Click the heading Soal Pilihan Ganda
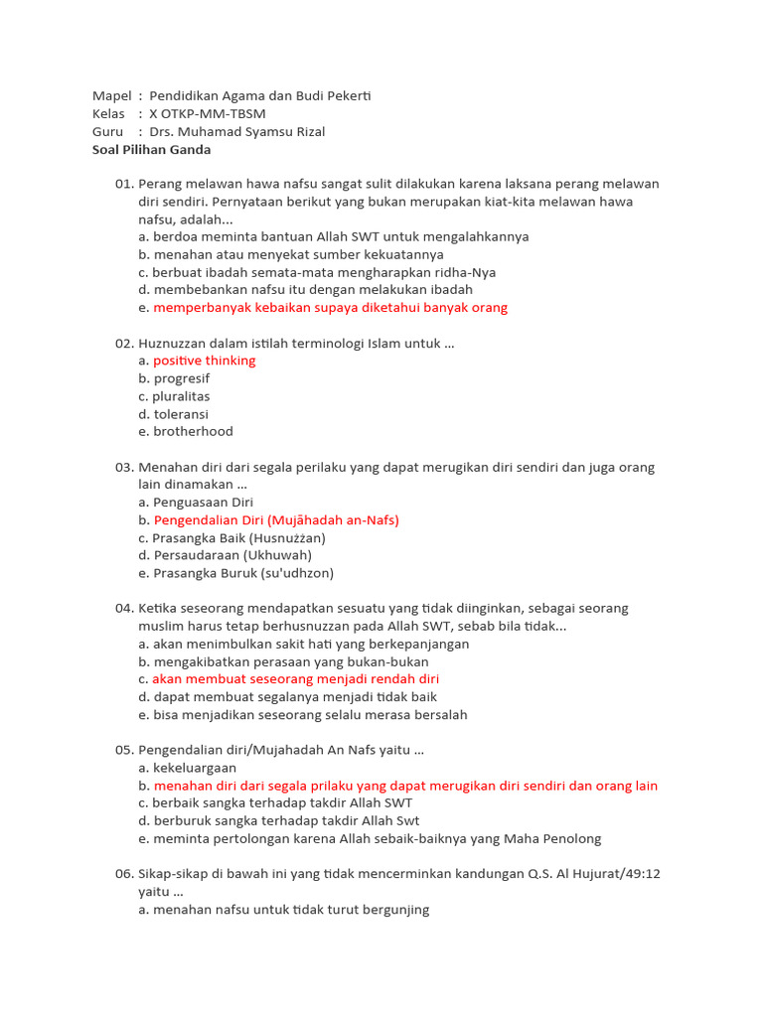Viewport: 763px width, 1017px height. point(151,150)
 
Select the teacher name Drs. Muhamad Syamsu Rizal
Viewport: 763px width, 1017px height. point(236,132)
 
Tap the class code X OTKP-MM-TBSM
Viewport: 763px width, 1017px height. point(208,114)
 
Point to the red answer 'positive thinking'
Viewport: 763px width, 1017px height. point(204,361)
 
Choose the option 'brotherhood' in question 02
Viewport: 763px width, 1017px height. point(193,431)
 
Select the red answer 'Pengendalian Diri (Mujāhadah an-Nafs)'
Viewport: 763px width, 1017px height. point(276,519)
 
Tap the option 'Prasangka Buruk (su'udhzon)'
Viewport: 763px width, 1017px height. point(243,573)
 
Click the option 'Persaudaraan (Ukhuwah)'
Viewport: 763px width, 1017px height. point(232,555)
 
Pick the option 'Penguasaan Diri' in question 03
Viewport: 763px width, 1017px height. point(203,503)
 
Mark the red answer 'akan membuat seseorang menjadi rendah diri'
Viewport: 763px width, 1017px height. point(295,679)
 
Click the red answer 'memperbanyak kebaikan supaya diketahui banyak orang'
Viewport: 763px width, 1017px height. point(330,308)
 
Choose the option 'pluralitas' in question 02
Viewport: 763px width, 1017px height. point(181,396)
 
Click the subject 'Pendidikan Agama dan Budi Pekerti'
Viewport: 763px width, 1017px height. point(260,96)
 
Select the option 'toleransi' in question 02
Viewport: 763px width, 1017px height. point(181,414)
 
